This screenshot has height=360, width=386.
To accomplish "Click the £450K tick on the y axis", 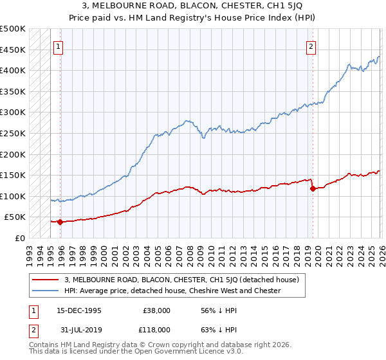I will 13,50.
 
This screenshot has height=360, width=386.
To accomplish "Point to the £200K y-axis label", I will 13,154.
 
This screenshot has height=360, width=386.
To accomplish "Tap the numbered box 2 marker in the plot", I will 311,46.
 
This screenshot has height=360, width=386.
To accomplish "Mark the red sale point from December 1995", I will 60,222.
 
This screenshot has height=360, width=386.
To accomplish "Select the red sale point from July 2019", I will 312,188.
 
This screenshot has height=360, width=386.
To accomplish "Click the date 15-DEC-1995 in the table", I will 80,310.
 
